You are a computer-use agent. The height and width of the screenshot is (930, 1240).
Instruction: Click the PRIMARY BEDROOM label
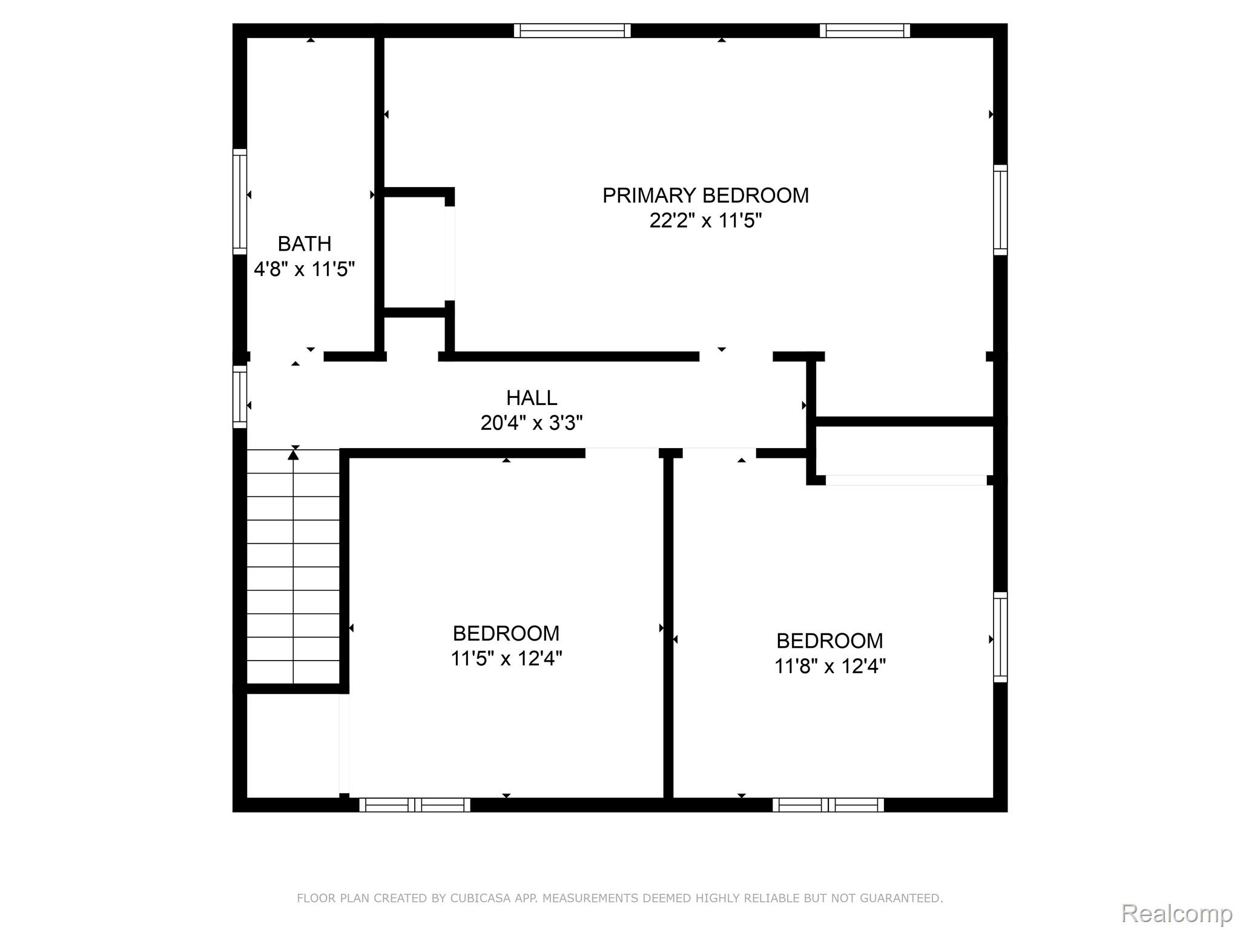(x=705, y=196)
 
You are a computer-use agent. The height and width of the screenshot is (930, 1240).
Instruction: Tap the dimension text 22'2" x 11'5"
(x=705, y=221)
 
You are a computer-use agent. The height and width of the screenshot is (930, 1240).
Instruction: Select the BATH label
(x=305, y=244)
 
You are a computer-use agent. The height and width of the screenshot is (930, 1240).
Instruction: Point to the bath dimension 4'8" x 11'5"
(x=304, y=269)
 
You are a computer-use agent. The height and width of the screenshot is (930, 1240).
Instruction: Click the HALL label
(x=532, y=398)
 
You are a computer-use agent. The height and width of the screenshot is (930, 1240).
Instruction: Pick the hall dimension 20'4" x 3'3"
(x=532, y=423)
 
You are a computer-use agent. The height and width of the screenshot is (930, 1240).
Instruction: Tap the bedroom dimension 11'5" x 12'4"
(x=506, y=658)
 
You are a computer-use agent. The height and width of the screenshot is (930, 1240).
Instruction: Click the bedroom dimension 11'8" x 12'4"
(x=829, y=666)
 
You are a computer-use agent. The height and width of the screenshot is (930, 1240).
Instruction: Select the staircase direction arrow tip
(x=294, y=453)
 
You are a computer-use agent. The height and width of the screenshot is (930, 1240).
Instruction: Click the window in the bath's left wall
(x=240, y=202)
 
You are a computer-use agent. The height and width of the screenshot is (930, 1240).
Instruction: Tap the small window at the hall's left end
(x=240, y=397)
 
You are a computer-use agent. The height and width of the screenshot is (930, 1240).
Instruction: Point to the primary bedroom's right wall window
(x=1000, y=209)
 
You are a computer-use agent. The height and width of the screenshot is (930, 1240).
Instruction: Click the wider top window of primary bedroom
(x=572, y=31)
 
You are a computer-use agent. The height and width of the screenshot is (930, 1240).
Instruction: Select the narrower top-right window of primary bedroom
(x=865, y=31)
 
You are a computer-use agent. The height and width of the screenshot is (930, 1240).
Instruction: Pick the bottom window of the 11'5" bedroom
(x=415, y=805)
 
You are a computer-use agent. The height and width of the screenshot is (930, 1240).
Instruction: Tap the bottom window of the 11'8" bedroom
(x=828, y=805)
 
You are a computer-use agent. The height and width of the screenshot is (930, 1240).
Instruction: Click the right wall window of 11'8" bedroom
(x=1000, y=637)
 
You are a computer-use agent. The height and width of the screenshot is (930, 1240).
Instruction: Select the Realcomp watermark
(x=1176, y=913)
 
